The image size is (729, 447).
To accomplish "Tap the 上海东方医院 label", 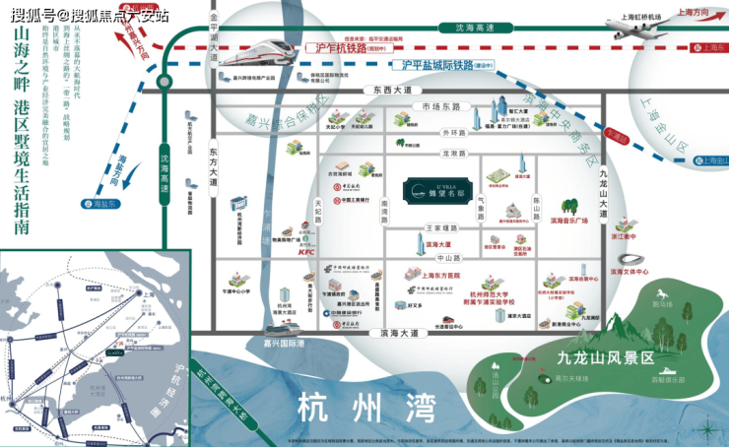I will tap(436, 274).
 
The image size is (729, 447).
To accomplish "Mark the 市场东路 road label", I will tap(440, 106).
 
